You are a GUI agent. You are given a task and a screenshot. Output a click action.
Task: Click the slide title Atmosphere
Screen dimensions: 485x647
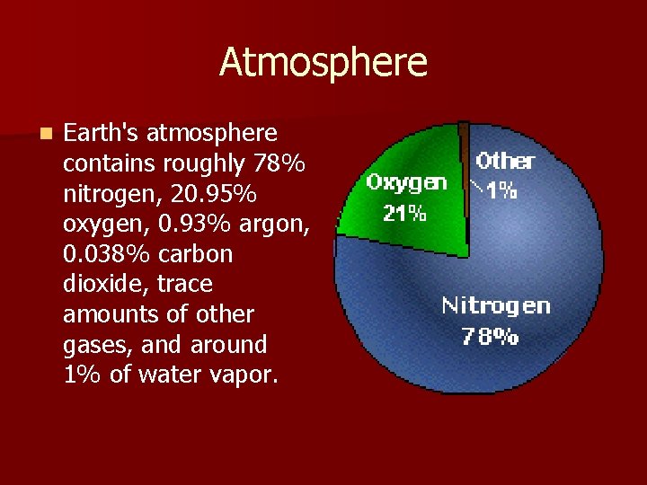[x=323, y=63]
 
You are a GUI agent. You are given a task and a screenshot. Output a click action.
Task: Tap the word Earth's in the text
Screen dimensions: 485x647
[x=101, y=134]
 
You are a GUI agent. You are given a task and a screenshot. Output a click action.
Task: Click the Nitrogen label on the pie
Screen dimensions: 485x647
[x=495, y=306]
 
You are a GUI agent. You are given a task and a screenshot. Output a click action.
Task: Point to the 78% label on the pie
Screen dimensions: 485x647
[x=490, y=337]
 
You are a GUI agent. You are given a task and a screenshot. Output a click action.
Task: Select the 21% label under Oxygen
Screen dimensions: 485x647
[x=403, y=214]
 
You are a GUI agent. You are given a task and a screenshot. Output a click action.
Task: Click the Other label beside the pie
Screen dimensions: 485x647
[x=505, y=162]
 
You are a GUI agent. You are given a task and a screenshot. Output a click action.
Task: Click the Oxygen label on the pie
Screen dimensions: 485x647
[x=406, y=183]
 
